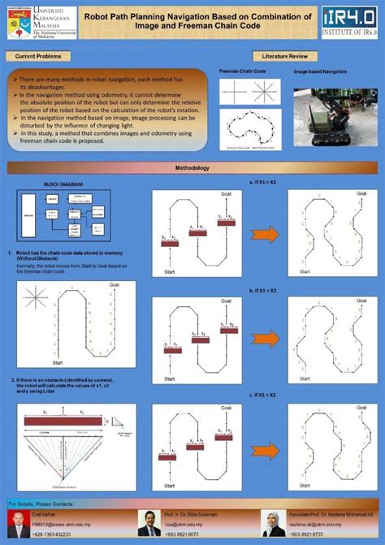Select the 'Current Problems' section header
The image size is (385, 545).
coord(37,56)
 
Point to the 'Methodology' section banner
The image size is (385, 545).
coord(192,167)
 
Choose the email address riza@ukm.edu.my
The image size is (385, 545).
coord(182,526)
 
